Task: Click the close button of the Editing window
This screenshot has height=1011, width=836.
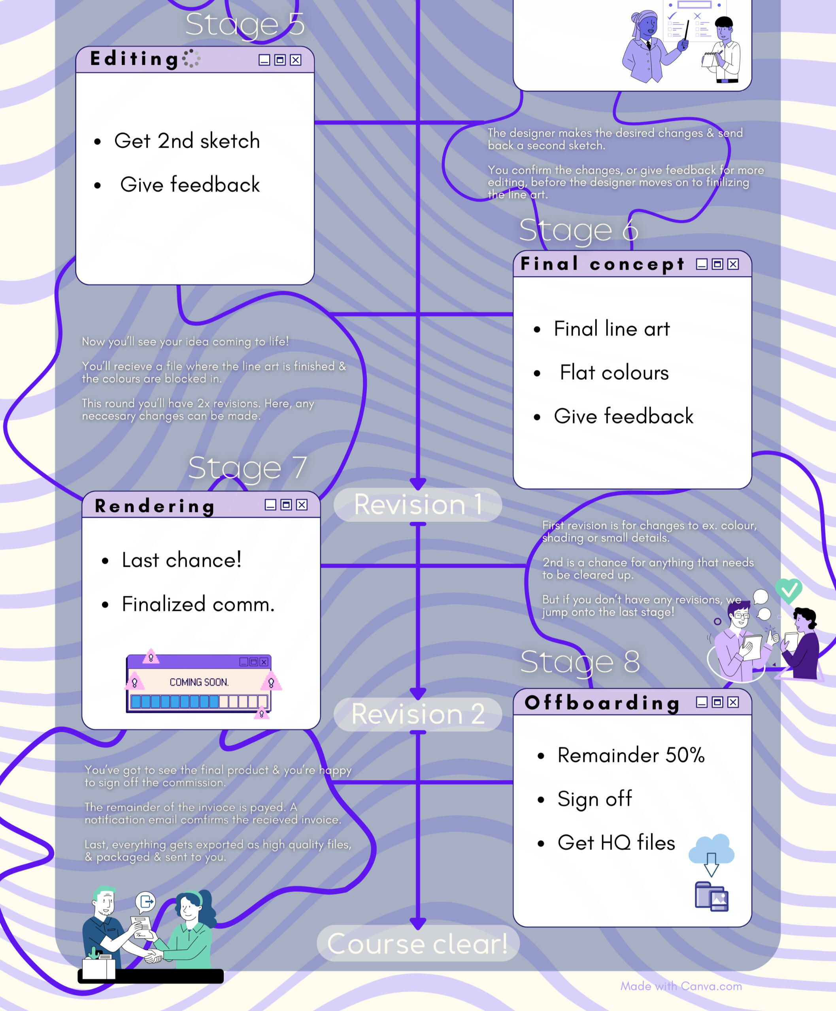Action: pos(296,60)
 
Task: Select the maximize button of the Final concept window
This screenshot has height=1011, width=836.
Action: pos(717,264)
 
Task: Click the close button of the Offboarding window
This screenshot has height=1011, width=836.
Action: pos(733,702)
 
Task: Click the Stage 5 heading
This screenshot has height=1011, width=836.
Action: pos(245,24)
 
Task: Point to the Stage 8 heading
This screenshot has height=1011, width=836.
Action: pos(580,661)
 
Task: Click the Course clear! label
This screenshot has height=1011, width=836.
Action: pos(417,943)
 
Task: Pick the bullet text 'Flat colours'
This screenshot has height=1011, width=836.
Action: pos(614,373)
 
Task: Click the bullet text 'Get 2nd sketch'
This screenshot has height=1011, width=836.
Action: pos(187,141)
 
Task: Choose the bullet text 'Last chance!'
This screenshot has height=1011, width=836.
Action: pos(181,560)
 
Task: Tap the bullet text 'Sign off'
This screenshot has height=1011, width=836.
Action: pos(594,799)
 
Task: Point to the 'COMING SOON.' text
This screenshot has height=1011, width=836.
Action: pos(199,682)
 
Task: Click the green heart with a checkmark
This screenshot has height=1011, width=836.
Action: pos(788,590)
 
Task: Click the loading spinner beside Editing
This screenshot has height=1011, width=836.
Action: pos(191,58)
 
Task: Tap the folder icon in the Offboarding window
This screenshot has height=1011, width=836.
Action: pos(711,896)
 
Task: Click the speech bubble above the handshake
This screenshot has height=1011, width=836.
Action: pos(145,901)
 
